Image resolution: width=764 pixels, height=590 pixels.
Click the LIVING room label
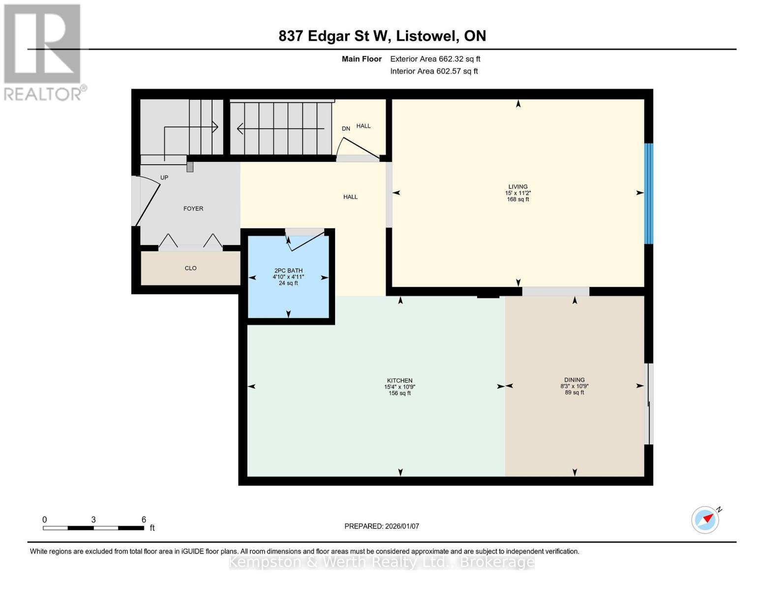pos(518,187)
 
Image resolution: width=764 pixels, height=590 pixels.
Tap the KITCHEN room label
pos(399,381)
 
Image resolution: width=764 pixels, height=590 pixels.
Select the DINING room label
pos(574,380)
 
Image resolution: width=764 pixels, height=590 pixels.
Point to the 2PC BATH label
pos(288,270)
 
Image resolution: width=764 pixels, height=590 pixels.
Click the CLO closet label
pos(190,268)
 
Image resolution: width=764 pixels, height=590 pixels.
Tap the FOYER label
pos(193,208)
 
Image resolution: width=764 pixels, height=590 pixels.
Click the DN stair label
pos(346,129)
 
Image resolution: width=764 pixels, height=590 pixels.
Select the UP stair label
pos(164,177)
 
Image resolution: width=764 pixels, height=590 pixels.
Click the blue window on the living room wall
pos(649,194)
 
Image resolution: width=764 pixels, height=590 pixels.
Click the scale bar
pos(93,528)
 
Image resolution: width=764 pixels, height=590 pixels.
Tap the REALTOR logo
pos(44,53)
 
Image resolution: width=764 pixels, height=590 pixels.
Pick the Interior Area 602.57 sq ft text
pos(434,71)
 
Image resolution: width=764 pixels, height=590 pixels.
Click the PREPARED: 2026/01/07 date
pos(382,526)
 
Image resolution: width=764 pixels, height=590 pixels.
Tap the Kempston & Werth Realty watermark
pos(382,562)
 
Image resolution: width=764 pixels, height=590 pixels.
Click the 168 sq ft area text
pos(518,199)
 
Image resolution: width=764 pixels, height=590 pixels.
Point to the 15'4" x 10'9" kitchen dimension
pos(399,387)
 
